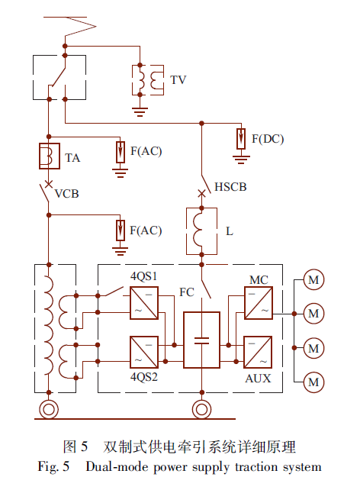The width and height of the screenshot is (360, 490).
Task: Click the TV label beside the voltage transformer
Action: coord(178,80)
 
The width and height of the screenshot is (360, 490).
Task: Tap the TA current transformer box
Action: coord(50,156)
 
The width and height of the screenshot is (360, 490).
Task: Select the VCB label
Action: coord(67,194)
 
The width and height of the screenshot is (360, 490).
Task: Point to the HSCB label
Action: coord(230,187)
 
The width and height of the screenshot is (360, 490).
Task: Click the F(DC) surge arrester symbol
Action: coord(241,139)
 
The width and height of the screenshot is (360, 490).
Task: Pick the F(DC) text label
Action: coord(268,139)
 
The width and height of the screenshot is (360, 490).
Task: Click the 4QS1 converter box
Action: coord(144,303)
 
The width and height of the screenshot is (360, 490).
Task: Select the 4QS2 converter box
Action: coord(144,352)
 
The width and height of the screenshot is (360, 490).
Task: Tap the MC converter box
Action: coord(259,303)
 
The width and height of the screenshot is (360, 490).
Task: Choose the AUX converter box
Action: coord(258,352)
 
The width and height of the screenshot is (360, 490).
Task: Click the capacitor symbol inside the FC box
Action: coord(201,340)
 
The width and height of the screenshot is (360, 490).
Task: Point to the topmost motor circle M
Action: coord(313,279)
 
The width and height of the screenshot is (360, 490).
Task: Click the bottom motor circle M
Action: coord(313,382)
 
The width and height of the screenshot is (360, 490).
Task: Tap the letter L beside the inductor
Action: coord(230,231)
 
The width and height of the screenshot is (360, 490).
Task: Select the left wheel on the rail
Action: coord(49,409)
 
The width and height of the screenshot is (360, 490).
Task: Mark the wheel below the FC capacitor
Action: coord(201,409)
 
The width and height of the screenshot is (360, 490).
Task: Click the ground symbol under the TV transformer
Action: coord(140,112)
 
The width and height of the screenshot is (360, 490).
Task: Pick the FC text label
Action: coord(187,292)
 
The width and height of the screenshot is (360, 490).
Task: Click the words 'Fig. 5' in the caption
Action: coord(53,467)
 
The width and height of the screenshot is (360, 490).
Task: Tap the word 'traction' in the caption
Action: coord(256,467)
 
